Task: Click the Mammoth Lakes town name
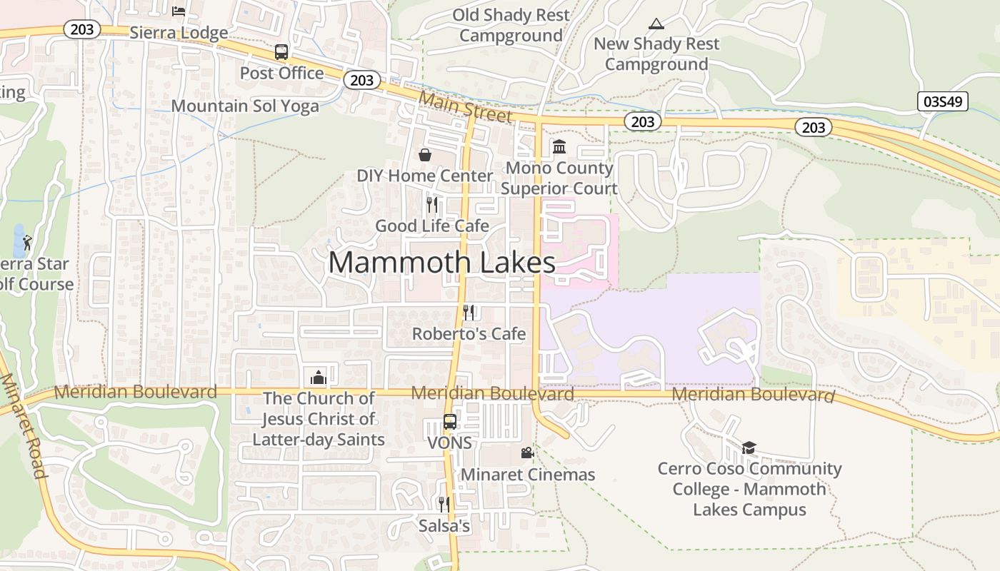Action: tap(441, 263)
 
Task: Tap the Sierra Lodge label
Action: tap(179, 33)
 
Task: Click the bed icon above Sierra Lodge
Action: tap(179, 11)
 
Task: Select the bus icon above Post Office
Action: tap(281, 52)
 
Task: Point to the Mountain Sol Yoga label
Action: tap(245, 106)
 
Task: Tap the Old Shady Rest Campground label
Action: tap(511, 25)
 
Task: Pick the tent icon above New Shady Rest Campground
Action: tap(656, 23)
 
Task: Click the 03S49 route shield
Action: tap(943, 101)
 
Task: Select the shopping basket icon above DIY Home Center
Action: tap(425, 155)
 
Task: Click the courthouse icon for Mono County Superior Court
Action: tap(559, 146)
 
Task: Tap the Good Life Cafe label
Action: tap(432, 226)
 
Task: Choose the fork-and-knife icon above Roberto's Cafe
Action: tap(469, 312)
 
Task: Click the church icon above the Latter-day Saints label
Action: tap(318, 377)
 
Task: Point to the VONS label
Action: tap(449, 443)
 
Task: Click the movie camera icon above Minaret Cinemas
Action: tap(527, 453)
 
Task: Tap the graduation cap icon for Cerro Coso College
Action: tap(749, 448)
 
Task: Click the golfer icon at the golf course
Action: tap(27, 243)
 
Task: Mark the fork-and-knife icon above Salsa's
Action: tap(444, 505)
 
